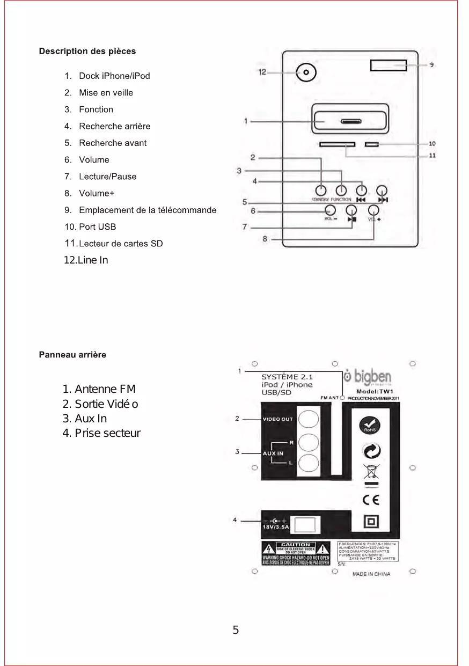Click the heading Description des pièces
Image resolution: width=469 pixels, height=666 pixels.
(x=87, y=52)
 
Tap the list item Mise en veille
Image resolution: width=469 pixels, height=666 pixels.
(x=106, y=92)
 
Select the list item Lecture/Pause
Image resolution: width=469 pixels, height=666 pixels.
(x=107, y=177)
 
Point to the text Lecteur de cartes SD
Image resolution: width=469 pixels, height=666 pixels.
(x=121, y=244)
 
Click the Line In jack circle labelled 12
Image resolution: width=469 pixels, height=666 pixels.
(x=306, y=72)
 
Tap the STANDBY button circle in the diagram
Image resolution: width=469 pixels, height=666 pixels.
(x=321, y=191)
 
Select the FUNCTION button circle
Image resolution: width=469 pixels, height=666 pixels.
(x=341, y=191)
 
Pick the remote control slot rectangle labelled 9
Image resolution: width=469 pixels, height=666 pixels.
(x=388, y=65)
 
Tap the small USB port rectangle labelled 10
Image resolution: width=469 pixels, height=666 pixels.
(x=371, y=144)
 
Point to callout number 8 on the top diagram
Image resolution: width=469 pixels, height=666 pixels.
(x=265, y=239)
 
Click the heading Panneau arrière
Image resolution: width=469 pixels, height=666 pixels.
(x=72, y=355)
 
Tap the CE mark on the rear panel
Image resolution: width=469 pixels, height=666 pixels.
(x=370, y=500)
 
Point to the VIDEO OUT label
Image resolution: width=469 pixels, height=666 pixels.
(x=278, y=419)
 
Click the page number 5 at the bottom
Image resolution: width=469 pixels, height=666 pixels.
(x=236, y=631)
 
